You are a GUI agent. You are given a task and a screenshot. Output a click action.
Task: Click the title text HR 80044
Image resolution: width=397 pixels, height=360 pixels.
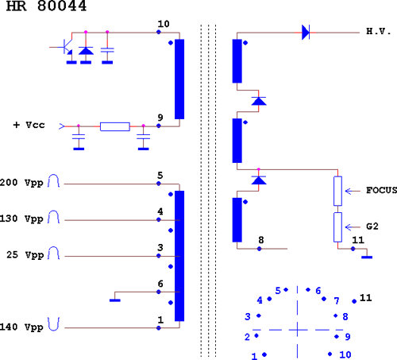[46, 6]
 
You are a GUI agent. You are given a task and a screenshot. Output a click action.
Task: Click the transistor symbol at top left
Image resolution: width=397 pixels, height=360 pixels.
[66, 47]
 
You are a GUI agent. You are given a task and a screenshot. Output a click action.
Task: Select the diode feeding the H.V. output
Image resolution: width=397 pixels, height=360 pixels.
[306, 33]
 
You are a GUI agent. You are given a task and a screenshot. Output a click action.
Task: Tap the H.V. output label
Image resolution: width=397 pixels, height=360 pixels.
[379, 32]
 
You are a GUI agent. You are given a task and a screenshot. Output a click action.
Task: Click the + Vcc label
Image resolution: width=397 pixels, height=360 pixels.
[29, 125]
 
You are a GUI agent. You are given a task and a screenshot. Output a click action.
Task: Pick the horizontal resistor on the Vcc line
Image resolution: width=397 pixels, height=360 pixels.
[115, 126]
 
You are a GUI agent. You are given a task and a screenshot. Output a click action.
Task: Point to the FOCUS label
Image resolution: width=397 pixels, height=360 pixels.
[381, 190]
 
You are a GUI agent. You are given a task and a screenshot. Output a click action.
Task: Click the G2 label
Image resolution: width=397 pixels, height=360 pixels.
[372, 226]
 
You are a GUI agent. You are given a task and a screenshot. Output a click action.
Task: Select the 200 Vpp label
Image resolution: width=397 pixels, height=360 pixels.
[21, 183]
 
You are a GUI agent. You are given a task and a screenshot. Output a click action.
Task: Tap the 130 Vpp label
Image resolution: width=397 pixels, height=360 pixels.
[21, 219]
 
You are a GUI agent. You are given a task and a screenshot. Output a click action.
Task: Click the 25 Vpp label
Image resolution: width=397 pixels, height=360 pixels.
[25, 255]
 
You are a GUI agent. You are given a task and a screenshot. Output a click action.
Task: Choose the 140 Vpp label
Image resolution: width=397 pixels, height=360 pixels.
[21, 327]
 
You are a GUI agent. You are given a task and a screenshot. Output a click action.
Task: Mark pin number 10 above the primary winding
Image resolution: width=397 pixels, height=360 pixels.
[164, 24]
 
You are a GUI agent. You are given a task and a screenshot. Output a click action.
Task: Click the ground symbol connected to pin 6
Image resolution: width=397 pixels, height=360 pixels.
[115, 300]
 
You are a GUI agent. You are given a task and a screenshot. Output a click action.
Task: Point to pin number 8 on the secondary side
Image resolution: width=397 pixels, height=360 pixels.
[261, 240]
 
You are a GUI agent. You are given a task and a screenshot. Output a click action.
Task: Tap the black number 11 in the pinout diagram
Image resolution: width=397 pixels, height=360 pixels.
[366, 298]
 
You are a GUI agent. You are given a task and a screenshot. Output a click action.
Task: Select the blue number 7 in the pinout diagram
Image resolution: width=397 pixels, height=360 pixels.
[336, 301]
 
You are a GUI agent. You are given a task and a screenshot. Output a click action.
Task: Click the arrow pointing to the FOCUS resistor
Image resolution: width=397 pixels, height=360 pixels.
[353, 191]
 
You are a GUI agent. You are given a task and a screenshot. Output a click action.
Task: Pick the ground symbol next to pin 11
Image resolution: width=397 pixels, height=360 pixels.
[367, 257]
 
